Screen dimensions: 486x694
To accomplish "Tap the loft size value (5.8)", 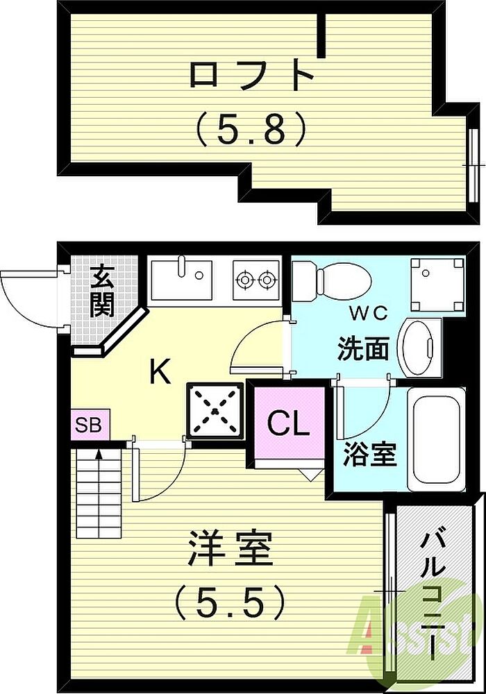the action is (x=251, y=128).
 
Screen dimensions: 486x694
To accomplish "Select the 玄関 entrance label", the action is (x=102, y=291).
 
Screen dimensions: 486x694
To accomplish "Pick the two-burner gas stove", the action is (x=256, y=280).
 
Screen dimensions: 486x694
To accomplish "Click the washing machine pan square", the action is (x=437, y=285).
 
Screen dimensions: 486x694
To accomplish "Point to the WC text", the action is (x=369, y=314).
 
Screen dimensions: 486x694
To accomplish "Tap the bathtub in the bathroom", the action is (x=437, y=439).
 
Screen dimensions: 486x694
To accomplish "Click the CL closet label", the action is (x=289, y=423).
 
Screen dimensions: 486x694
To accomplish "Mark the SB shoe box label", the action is (x=89, y=425).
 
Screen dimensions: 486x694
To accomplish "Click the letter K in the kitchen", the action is (x=160, y=372).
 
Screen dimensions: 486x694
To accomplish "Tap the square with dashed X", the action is (x=215, y=411).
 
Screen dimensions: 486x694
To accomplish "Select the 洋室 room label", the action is (x=230, y=548).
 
